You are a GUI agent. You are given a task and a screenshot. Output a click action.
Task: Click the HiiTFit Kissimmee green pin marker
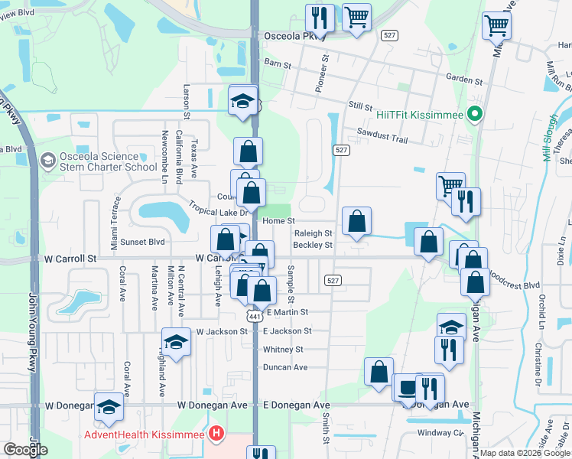(x=474, y=115)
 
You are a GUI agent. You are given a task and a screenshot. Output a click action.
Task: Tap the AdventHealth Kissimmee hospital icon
(x=216, y=435)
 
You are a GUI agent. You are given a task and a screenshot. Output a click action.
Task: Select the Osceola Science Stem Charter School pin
(x=47, y=161)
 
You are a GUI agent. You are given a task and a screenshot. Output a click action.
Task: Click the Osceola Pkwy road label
(x=294, y=36)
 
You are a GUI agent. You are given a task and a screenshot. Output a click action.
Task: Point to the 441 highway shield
(x=255, y=316)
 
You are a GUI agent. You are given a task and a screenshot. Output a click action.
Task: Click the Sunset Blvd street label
(x=143, y=242)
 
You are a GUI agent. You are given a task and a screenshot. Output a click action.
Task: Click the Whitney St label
(x=283, y=350)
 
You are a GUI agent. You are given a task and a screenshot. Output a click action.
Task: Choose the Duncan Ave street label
(x=285, y=367)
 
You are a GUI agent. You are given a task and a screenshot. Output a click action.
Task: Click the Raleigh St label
(x=314, y=233)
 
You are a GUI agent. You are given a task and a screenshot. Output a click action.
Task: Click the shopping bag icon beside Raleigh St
(x=356, y=222)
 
